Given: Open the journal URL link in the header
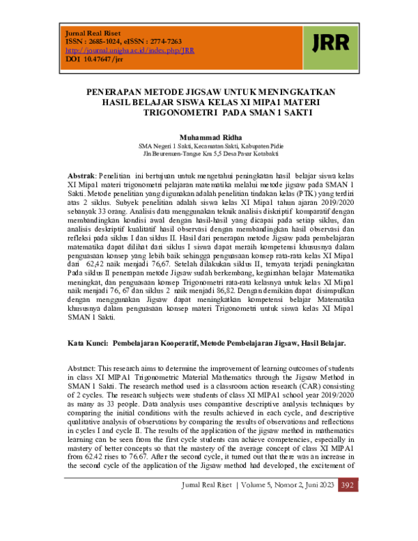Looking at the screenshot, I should coord(130,51).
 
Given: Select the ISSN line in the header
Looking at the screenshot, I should coord(123,42).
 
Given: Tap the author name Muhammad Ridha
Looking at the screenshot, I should coord(207,137).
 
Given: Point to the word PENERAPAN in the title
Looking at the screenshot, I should coord(114,91).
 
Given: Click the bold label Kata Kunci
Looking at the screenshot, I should coord(88,344).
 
